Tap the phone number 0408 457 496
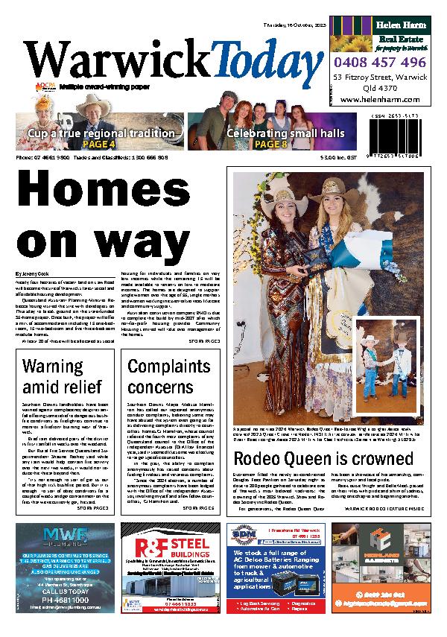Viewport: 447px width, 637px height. coord(381,63)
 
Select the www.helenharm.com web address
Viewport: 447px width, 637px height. coord(381,99)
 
